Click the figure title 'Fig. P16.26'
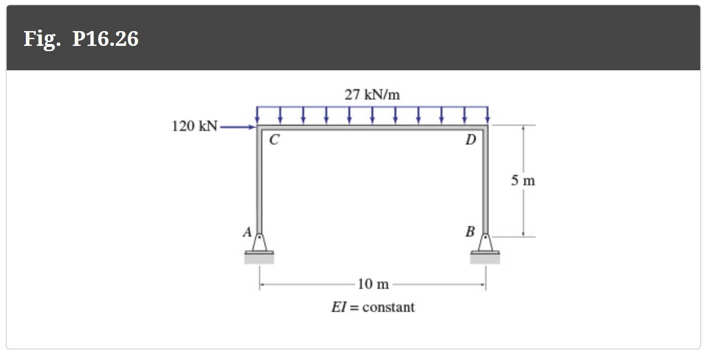[x=81, y=38]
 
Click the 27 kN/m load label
[x=372, y=95]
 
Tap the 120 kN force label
[x=194, y=127]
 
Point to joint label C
[x=274, y=140]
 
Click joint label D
[x=471, y=140]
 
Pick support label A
[x=247, y=232]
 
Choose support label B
[x=470, y=232]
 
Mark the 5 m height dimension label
[x=523, y=181]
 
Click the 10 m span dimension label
[x=373, y=284]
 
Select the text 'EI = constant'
[x=373, y=307]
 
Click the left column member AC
[x=259, y=182]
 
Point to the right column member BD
[x=486, y=182]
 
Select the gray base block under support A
[x=259, y=259]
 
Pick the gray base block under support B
[x=485, y=259]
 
